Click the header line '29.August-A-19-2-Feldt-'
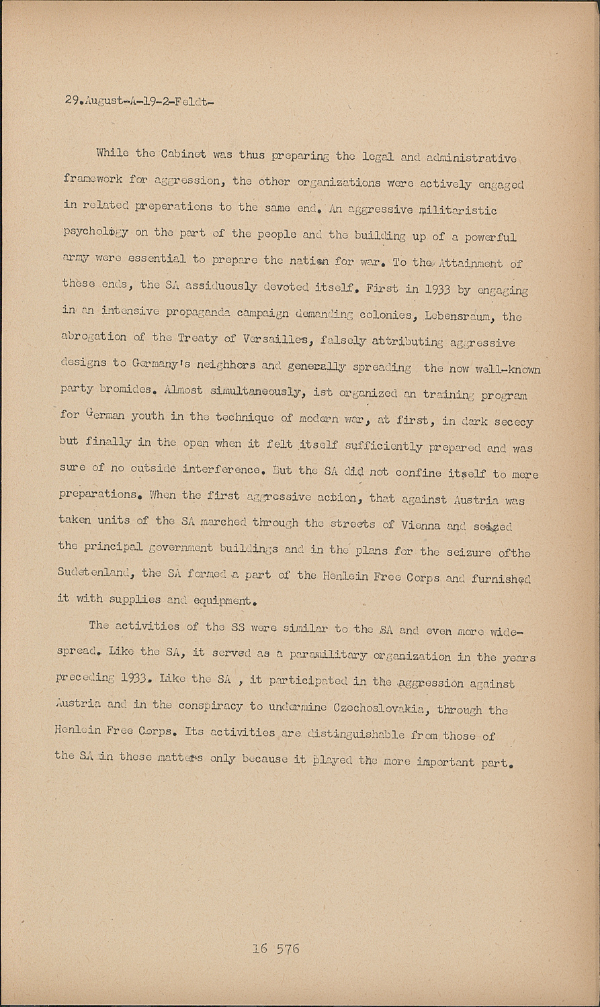[x=140, y=101]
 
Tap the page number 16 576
[x=276, y=949]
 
